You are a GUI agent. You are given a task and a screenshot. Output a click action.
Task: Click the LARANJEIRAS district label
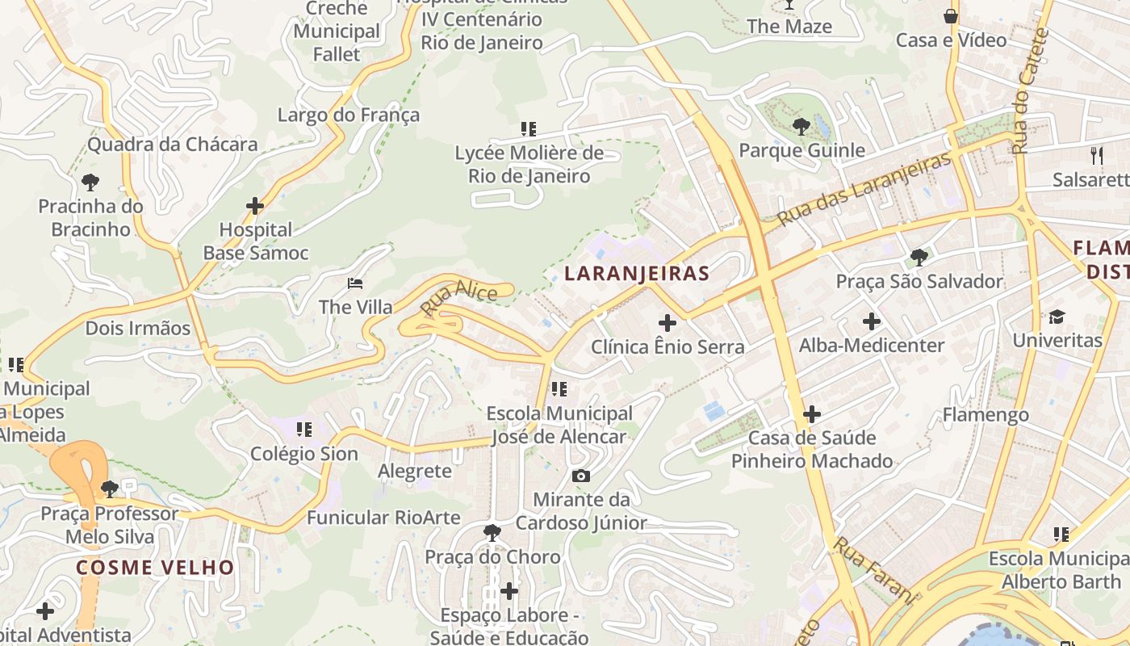pyautogui.click(x=637, y=274)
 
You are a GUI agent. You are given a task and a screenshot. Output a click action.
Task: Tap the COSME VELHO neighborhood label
pyautogui.click(x=155, y=567)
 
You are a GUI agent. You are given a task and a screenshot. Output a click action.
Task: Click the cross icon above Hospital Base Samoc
pyautogui.click(x=255, y=206)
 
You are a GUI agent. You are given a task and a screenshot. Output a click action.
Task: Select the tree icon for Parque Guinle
pyautogui.click(x=801, y=126)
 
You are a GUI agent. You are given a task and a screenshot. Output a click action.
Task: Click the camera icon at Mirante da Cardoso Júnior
pyautogui.click(x=580, y=476)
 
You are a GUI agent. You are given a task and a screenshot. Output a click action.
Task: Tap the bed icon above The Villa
pyautogui.click(x=355, y=283)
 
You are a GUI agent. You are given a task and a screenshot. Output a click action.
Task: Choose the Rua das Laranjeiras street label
pyautogui.click(x=864, y=189)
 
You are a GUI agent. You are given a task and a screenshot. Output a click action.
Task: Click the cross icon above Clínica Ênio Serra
pyautogui.click(x=668, y=322)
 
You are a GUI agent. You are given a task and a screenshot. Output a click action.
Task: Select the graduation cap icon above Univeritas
pyautogui.click(x=1057, y=316)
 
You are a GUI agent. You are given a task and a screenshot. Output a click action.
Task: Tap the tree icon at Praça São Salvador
pyautogui.click(x=919, y=258)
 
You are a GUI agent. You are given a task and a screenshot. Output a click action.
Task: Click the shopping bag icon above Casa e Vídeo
pyautogui.click(x=951, y=16)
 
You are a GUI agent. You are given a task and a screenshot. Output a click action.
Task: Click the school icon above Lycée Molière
pyautogui.click(x=529, y=128)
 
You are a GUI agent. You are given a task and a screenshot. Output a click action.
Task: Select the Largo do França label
pyautogui.click(x=349, y=115)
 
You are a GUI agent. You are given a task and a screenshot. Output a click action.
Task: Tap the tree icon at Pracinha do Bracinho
pyautogui.click(x=90, y=182)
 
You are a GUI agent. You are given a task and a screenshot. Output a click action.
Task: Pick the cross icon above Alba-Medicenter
pyautogui.click(x=872, y=321)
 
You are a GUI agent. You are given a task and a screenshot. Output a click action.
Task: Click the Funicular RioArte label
pyautogui.click(x=383, y=518)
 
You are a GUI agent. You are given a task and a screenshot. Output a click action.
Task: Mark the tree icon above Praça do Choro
pyautogui.click(x=492, y=532)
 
